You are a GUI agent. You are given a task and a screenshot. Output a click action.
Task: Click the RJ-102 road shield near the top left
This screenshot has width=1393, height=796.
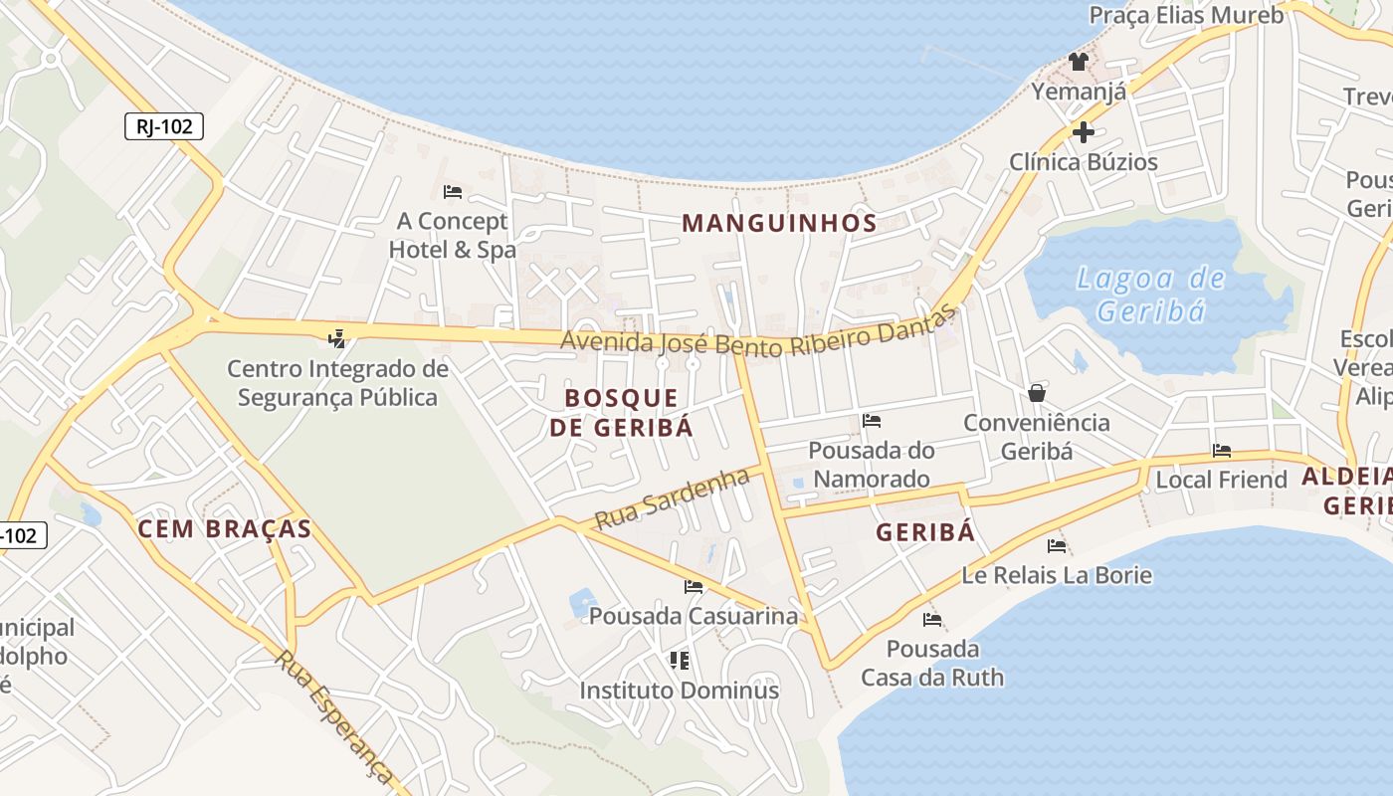pos(164,126)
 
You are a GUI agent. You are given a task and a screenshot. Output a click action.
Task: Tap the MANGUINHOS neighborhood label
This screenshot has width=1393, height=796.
pos(780,223)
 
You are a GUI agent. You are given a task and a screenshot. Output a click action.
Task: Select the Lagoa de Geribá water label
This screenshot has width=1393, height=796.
pos(1152,295)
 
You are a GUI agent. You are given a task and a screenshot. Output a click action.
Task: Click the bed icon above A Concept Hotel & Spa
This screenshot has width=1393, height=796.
pos(453,191)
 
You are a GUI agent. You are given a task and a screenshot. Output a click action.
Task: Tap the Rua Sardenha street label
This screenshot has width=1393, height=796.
pos(672,499)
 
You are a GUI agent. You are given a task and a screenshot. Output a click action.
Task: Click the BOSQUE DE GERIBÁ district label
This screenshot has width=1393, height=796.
pos(622,413)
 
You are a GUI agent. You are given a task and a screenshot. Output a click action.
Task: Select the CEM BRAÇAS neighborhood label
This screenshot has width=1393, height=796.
pos(225,528)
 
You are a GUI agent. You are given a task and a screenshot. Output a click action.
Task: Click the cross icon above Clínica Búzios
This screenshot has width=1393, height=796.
pos(1084,131)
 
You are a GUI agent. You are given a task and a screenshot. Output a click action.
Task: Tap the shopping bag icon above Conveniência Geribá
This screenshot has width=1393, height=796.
pos(1037,393)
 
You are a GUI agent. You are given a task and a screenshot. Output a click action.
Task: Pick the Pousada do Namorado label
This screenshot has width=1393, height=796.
pos(872,465)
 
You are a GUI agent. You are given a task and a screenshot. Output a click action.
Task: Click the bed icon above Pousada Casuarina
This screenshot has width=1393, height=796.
pos(694,587)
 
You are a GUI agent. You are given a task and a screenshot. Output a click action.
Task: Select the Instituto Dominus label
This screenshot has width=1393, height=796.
pos(680,690)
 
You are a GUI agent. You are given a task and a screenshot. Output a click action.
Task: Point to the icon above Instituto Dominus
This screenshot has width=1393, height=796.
pos(680,661)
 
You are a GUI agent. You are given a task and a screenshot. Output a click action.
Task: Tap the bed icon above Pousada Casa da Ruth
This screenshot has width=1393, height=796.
pos(932,620)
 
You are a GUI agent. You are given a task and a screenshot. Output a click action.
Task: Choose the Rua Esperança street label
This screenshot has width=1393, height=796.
pos(335,715)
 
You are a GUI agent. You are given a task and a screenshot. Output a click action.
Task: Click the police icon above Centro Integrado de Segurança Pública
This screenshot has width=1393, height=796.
pos(337,339)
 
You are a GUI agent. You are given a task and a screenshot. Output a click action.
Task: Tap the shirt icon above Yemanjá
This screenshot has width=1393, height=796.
pos(1079,62)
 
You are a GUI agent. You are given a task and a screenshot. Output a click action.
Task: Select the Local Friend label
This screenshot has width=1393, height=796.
pos(1221,480)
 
